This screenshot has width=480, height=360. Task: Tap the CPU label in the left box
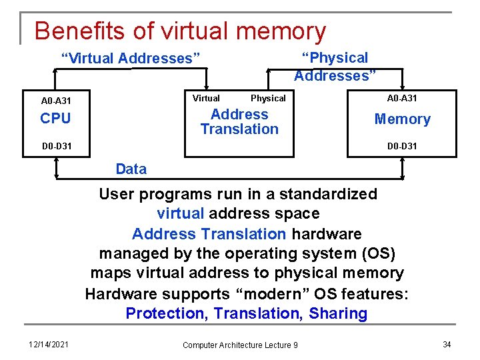click(x=55, y=119)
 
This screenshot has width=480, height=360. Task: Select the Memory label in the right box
click(x=402, y=119)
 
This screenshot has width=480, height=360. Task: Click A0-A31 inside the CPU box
click(x=56, y=101)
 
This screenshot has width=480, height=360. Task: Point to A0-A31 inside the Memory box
click(x=402, y=98)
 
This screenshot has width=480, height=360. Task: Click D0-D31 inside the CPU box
click(x=56, y=146)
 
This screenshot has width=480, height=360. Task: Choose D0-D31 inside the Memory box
click(x=402, y=146)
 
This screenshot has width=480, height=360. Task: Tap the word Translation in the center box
click(x=239, y=129)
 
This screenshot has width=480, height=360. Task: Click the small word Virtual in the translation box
click(x=206, y=98)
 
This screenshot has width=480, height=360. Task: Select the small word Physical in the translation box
click(x=268, y=98)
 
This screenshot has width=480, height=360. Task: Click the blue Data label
click(x=131, y=169)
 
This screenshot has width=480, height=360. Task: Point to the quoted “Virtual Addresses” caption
click(x=131, y=59)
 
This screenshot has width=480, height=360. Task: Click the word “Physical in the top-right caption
click(x=335, y=58)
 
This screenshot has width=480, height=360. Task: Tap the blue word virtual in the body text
click(x=181, y=214)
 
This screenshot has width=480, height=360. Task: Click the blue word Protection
click(x=166, y=314)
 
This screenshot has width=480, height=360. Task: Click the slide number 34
click(x=447, y=344)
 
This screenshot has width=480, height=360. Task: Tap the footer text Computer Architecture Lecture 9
click(x=240, y=345)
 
